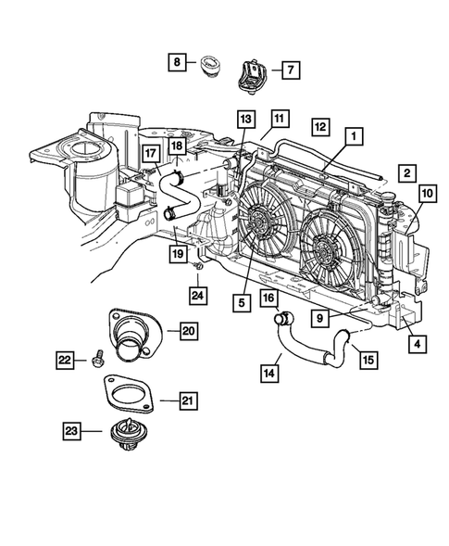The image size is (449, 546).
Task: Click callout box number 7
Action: pos(289,70)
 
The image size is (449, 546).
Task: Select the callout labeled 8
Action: pos(176,63)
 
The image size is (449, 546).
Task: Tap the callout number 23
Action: pos(71,430)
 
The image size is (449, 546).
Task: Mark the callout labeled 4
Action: pos(415,343)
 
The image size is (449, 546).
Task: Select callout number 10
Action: pos(427,193)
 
